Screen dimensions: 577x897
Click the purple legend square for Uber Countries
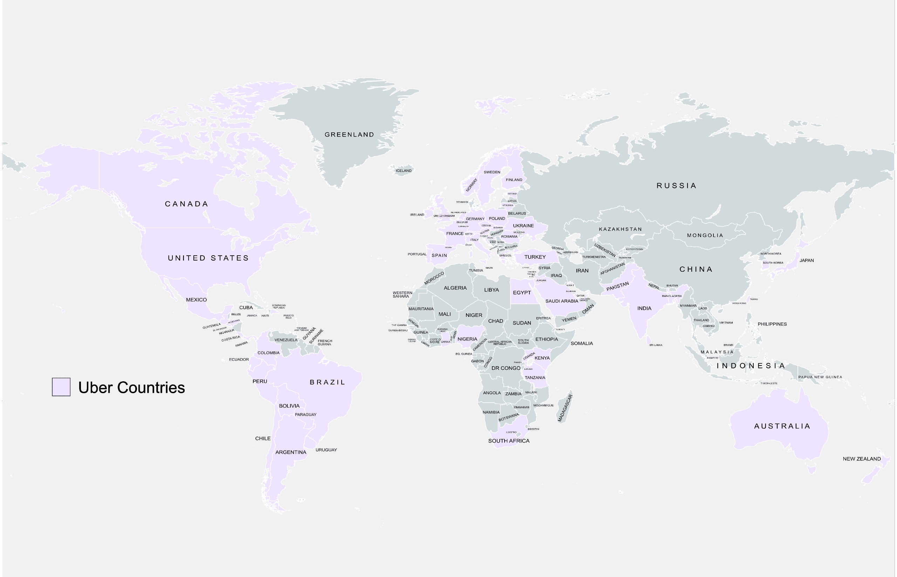(x=61, y=387)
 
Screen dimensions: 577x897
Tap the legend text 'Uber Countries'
(x=131, y=388)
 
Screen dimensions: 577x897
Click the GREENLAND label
(x=349, y=134)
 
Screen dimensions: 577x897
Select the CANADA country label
(x=187, y=204)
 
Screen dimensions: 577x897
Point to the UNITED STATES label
(x=208, y=258)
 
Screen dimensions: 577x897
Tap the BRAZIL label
(x=327, y=382)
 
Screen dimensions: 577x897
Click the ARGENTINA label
(x=290, y=452)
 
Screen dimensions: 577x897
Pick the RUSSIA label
(x=676, y=186)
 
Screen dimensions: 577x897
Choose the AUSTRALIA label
(x=782, y=426)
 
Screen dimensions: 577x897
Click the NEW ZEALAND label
(x=861, y=459)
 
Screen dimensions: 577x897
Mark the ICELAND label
(x=403, y=171)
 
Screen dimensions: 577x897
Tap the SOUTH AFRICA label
(x=509, y=440)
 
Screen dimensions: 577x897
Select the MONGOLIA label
(x=705, y=235)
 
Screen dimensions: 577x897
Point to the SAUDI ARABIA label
(x=562, y=301)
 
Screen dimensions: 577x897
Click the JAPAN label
(x=806, y=260)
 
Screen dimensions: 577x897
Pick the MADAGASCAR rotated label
(x=565, y=408)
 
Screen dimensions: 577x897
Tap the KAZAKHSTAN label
(x=620, y=229)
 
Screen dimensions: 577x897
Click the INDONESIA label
(x=751, y=366)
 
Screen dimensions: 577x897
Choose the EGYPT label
(x=521, y=293)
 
